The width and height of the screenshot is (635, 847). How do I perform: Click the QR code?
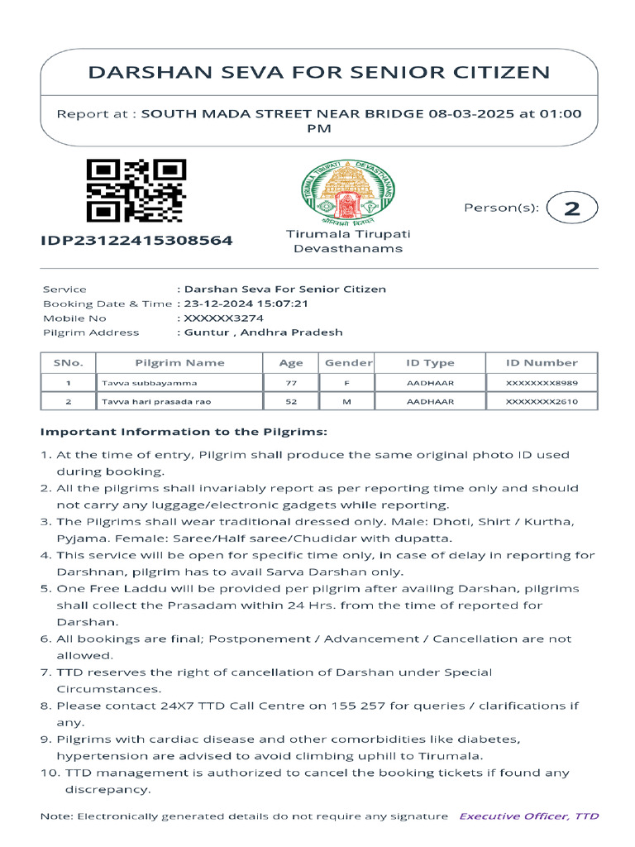pos(136,191)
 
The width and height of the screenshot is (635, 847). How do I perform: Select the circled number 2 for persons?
pos(572,208)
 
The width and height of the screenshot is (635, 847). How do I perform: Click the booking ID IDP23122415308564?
pos(137,241)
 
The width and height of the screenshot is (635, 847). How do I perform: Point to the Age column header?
pos(291,362)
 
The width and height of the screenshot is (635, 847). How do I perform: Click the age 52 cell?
pos(291,401)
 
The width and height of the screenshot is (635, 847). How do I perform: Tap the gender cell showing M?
pos(348,401)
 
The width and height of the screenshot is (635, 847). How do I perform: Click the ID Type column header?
pos(430,362)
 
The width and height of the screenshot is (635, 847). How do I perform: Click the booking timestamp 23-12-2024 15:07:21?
pos(246,304)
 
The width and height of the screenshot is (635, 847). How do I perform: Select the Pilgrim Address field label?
pos(91,333)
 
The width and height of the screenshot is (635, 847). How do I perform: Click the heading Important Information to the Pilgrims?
pos(184,432)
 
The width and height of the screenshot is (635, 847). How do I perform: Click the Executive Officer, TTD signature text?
pos(529,816)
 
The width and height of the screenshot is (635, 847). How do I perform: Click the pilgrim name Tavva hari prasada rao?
pos(156,401)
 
